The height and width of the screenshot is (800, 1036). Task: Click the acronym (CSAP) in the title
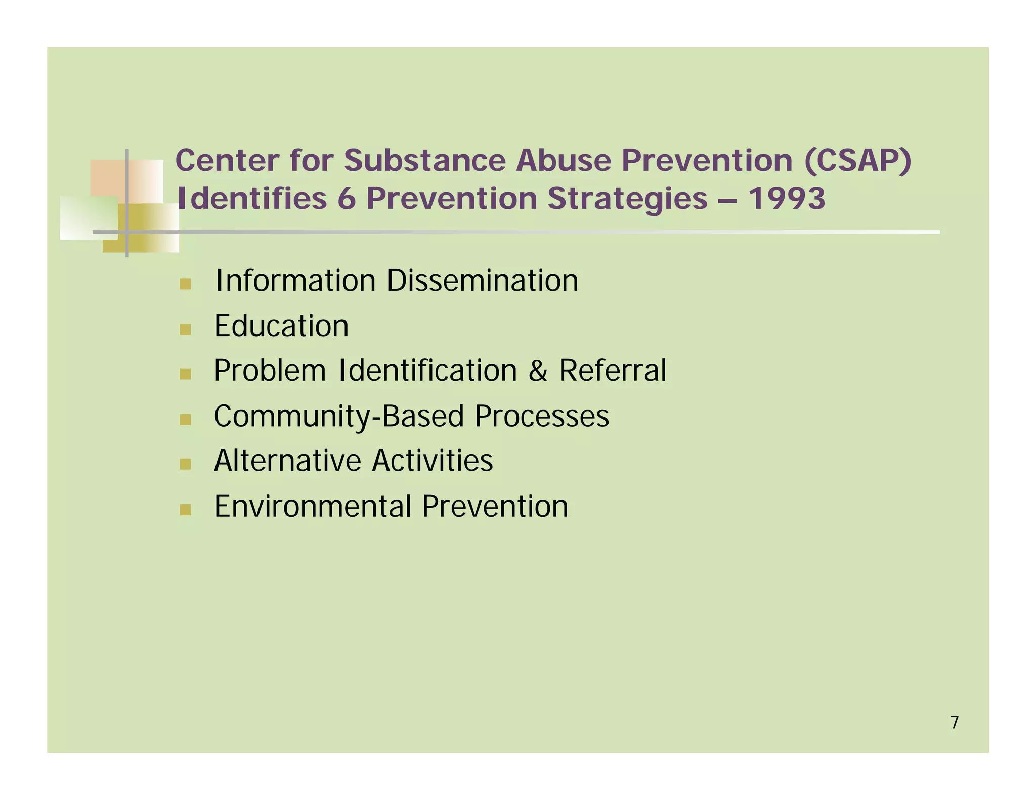(857, 161)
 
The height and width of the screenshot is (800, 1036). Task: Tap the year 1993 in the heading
(787, 198)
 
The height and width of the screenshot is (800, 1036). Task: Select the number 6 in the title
(347, 198)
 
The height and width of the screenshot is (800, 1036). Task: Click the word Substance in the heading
(425, 161)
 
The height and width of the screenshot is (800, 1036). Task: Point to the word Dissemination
(482, 281)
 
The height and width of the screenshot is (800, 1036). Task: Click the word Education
(281, 326)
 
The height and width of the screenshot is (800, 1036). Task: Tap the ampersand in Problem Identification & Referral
(538, 371)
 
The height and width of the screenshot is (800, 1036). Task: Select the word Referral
(613, 371)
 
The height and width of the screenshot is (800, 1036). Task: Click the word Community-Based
(339, 416)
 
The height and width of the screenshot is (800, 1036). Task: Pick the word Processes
(542, 416)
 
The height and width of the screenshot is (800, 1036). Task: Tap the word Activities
(433, 461)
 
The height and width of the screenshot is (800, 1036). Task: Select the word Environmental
(312, 506)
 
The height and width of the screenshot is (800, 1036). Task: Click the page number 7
(955, 722)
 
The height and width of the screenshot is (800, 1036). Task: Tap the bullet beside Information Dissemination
(185, 284)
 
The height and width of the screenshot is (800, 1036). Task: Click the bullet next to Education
(185, 329)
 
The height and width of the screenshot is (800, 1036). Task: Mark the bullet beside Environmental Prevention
(185, 510)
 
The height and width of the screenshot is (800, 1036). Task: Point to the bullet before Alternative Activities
(185, 464)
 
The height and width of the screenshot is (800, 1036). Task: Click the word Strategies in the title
(627, 198)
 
